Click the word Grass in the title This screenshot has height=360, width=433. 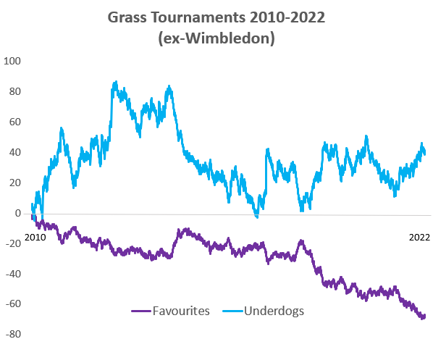(x=127, y=17)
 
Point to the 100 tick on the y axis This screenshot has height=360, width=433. (x=13, y=61)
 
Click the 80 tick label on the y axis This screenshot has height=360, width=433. (x=16, y=91)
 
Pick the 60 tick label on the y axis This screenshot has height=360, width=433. (x=16, y=122)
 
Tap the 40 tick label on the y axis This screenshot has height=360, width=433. (x=16, y=152)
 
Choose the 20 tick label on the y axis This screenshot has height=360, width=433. (x=16, y=183)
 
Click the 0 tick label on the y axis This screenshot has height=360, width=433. (x=19, y=213)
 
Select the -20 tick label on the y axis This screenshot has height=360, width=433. (x=14, y=243)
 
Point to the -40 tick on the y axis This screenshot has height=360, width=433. (x=14, y=274)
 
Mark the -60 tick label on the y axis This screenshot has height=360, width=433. (x=14, y=304)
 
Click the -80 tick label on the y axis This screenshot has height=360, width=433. (x=14, y=335)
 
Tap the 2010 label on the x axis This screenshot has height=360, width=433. (x=34, y=236)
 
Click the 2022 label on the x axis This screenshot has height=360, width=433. (x=418, y=236)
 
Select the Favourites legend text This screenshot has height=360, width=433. (x=181, y=311)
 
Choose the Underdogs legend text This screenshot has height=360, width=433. (x=273, y=311)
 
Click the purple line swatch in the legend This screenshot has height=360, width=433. (x=141, y=311)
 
